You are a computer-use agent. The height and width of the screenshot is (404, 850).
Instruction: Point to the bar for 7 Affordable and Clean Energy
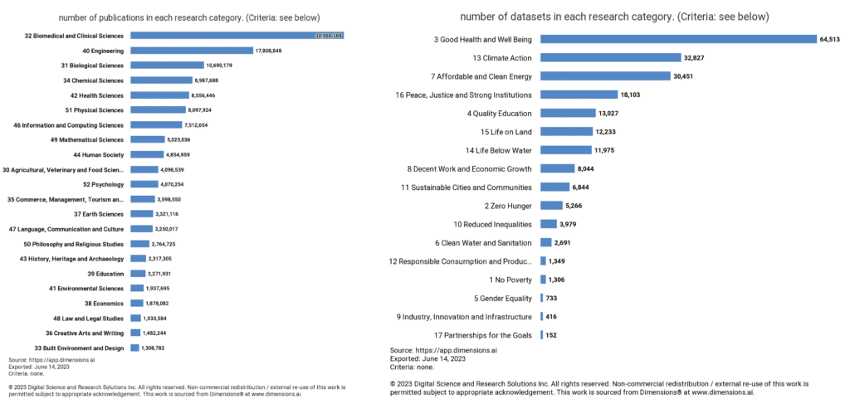click(x=605, y=76)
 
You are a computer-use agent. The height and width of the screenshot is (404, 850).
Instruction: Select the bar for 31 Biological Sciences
click(x=167, y=66)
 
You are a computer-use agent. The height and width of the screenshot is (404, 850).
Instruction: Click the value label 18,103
click(x=637, y=95)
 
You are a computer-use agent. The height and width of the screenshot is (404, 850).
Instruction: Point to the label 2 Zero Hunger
click(x=503, y=206)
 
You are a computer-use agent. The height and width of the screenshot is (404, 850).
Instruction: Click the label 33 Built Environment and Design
click(x=79, y=348)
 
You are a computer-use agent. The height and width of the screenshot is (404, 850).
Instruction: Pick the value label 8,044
click(x=585, y=168)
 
